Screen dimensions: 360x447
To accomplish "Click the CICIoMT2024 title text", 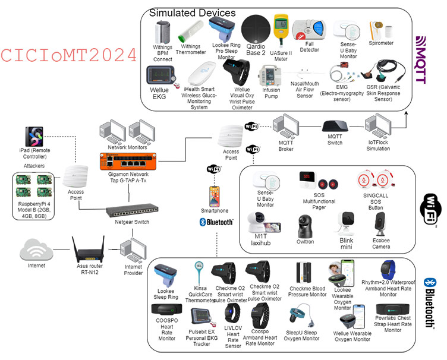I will [x=69, y=55].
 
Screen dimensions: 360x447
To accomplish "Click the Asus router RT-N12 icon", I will [x=88, y=246].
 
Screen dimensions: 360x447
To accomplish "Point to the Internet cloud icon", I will [x=36, y=250].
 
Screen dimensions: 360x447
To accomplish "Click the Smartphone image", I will [x=214, y=195].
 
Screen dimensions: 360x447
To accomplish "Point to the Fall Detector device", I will [x=309, y=29].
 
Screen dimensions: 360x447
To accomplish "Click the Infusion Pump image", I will [x=270, y=77].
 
